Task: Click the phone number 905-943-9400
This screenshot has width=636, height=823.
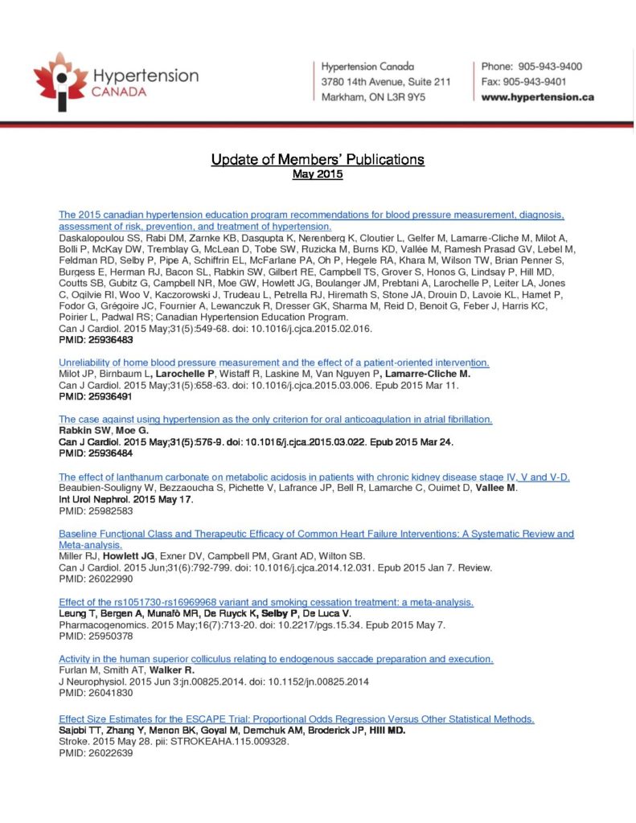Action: point(550,67)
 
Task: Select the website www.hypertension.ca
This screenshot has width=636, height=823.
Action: point(537,97)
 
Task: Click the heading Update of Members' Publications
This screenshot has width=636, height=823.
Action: point(318,159)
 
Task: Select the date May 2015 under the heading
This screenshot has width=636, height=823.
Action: point(318,174)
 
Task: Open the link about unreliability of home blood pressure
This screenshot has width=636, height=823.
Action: point(274,362)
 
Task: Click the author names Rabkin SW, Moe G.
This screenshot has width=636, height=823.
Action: point(93,431)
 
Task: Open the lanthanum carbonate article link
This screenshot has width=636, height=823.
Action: point(314,477)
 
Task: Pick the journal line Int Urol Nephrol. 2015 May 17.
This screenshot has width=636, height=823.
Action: point(126,499)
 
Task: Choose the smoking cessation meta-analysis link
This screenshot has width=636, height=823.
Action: point(266,602)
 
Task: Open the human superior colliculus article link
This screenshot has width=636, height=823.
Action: point(276,659)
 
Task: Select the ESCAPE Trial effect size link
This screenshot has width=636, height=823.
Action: point(297,718)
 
